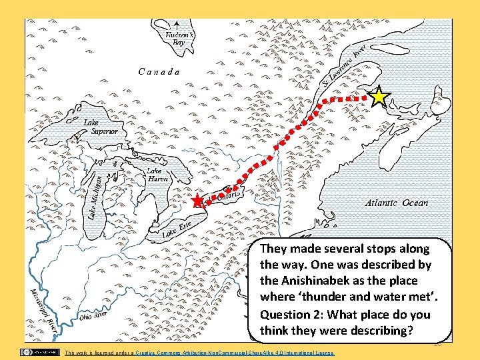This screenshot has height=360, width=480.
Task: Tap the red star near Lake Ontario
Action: (x=197, y=201)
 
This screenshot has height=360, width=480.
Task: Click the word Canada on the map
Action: (x=158, y=71)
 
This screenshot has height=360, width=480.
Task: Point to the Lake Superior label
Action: (x=101, y=127)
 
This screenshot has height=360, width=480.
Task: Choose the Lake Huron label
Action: (x=157, y=175)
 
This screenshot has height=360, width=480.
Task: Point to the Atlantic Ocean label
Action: (x=397, y=203)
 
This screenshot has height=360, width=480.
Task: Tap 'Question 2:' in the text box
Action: (x=294, y=314)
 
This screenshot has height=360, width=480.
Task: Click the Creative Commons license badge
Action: (x=39, y=351)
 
